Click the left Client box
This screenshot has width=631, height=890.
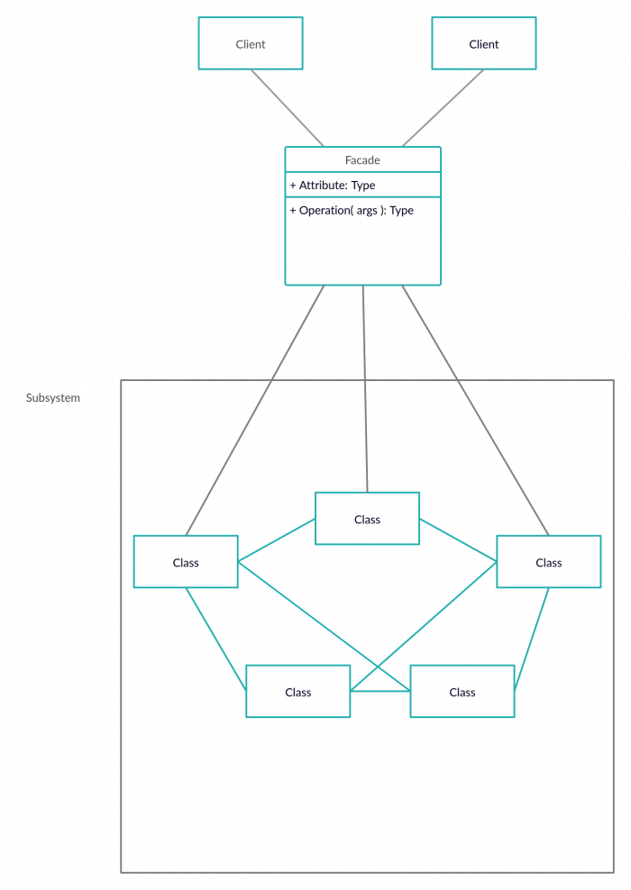pos(251,44)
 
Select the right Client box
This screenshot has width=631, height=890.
pos(484,44)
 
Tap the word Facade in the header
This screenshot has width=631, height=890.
pos(362,160)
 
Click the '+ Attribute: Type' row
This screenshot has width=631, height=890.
pos(333,186)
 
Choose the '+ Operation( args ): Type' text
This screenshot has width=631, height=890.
pos(352,211)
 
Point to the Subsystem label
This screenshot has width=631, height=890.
pos(53,398)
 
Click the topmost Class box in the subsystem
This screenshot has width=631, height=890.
pos(367,519)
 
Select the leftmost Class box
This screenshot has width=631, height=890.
pos(186,562)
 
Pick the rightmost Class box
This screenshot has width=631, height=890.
pos(548,562)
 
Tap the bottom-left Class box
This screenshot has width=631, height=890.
pos(297,692)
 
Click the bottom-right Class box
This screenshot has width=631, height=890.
pos(462,692)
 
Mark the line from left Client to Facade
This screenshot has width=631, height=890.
pos(288,108)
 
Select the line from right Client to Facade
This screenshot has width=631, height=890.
pos(444,108)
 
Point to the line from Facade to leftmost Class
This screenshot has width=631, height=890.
pos(254,411)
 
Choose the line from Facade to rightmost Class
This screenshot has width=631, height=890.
pos(475,411)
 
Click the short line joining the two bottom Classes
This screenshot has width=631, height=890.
pos(380,691)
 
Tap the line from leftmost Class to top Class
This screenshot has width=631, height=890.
pos(277,540)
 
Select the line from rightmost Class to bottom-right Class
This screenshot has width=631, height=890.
pos(532,640)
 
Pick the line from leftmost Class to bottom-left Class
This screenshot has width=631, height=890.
pos(216,640)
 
